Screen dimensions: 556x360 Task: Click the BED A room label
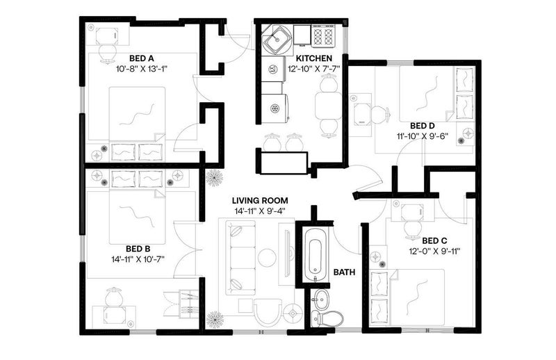141,58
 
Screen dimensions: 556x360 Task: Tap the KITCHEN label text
314,58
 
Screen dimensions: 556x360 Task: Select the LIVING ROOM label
260,201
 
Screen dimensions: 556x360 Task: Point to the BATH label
344,272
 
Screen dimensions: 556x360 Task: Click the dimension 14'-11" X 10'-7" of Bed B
138,259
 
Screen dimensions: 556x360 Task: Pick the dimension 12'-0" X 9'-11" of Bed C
434,252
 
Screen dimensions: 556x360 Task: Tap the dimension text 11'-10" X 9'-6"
423,136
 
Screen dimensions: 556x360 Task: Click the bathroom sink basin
321,299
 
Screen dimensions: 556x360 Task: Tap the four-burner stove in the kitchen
323,35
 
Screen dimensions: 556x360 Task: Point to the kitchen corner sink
277,40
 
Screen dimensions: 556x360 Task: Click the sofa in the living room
241,258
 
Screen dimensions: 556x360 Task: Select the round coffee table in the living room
267,258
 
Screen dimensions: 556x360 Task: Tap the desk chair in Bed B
115,297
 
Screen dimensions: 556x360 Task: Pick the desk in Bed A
107,35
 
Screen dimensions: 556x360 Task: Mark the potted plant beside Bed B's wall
214,178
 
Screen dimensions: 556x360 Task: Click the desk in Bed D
360,115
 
